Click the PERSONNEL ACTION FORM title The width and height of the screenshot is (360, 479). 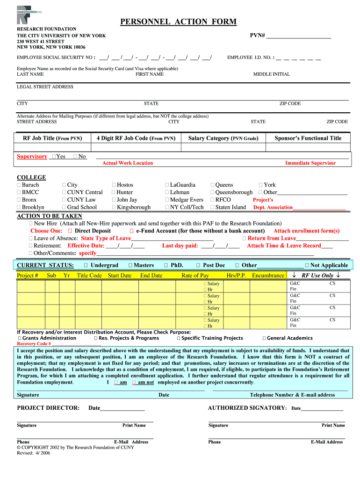coord(179,22)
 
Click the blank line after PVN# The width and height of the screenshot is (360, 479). coord(298,36)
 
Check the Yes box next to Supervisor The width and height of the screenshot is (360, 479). coord(55,156)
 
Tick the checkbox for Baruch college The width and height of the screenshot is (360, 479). coord(19,185)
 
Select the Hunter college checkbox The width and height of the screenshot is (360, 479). coord(114,192)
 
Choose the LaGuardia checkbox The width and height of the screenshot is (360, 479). coord(167,185)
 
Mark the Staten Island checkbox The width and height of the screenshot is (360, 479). coord(212,207)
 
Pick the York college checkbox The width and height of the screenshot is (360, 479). coord(260,185)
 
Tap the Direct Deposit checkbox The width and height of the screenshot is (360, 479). coord(70,231)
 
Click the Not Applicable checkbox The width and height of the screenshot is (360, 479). coord(307,265)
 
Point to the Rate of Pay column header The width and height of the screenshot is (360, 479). coord(195,276)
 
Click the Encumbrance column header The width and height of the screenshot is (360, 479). coord(267,276)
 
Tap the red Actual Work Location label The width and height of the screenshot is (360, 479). coord(128,163)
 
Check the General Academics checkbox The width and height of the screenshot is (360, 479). coord(264,338)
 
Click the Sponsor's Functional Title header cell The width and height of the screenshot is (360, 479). coord(308,138)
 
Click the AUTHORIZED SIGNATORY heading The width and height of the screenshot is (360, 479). coord(246,408)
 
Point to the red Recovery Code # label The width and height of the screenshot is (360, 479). coord(34,344)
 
